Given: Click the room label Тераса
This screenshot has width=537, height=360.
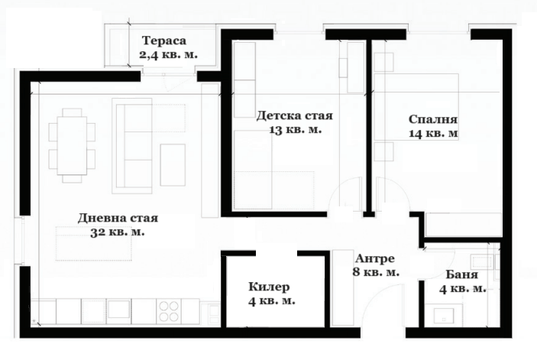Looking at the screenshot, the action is point(164,41).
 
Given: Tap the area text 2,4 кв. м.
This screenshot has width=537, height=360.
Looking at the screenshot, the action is point(168,54).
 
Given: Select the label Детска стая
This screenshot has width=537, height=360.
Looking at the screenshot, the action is point(295,115).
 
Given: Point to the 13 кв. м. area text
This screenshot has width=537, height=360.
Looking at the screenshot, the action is point(295,130).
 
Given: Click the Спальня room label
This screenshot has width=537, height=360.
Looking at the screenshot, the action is point(433,119).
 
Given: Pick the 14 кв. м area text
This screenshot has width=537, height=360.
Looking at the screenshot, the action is point(433,134).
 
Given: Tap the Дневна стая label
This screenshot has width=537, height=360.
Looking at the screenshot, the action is point(118,218).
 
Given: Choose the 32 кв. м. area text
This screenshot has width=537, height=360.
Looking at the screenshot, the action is point(118,232).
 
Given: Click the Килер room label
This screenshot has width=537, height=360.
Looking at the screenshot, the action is point(269,287).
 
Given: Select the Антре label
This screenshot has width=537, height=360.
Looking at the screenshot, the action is point(375,258).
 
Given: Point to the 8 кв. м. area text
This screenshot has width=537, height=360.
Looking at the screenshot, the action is point(376,272).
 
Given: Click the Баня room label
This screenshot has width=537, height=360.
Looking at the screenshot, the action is point(462,274).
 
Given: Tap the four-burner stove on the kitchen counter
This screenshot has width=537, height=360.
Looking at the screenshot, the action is point(169,311).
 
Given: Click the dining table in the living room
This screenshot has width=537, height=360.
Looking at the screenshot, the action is point(72,145).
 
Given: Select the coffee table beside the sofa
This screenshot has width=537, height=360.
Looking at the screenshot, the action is point(173,165).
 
